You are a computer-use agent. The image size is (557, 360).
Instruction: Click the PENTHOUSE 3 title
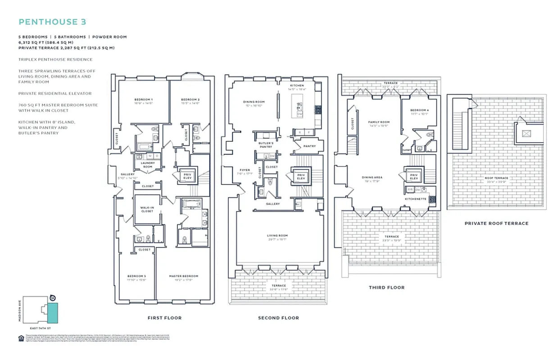[x=52, y=22]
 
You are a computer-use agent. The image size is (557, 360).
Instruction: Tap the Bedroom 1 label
[x=144, y=99]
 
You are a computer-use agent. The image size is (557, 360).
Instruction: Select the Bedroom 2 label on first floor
[x=190, y=99]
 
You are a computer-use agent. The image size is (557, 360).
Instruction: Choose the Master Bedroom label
[x=183, y=276]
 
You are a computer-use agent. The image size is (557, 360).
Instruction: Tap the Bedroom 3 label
[x=136, y=276]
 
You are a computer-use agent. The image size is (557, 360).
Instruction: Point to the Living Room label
[x=277, y=235]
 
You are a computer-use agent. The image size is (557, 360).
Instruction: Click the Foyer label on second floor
[x=245, y=170]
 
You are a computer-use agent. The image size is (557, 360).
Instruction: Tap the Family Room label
[x=379, y=122]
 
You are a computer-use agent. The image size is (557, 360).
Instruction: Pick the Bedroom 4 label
[x=419, y=110]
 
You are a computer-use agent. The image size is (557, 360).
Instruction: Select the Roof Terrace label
[x=496, y=178]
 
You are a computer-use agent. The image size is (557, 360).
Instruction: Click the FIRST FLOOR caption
[x=164, y=318]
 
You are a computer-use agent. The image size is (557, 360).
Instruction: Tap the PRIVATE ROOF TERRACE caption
[x=496, y=223]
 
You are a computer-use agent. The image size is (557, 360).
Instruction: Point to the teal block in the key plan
[x=53, y=313]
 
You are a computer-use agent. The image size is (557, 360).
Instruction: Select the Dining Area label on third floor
[x=372, y=177]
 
